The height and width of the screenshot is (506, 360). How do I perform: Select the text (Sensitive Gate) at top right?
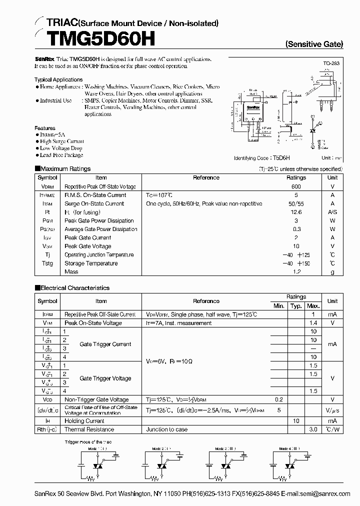(314, 44)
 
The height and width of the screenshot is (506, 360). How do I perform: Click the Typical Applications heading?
(58, 79)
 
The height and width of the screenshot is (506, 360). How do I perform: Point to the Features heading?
(45, 128)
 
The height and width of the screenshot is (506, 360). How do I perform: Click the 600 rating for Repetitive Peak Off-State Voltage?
(296, 186)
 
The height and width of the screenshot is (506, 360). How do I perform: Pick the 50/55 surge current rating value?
(296, 203)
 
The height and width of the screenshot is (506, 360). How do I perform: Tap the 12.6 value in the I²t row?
(296, 212)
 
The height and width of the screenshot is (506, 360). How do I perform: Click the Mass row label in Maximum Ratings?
(71, 271)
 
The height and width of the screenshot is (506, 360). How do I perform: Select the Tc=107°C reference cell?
(159, 195)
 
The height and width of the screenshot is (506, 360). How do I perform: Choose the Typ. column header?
(296, 305)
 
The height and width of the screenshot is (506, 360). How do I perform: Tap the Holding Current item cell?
(84, 421)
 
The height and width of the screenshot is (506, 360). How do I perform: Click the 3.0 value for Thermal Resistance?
(313, 429)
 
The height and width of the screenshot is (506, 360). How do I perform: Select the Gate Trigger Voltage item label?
(105, 378)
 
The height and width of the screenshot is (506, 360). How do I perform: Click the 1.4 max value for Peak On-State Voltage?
(313, 323)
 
